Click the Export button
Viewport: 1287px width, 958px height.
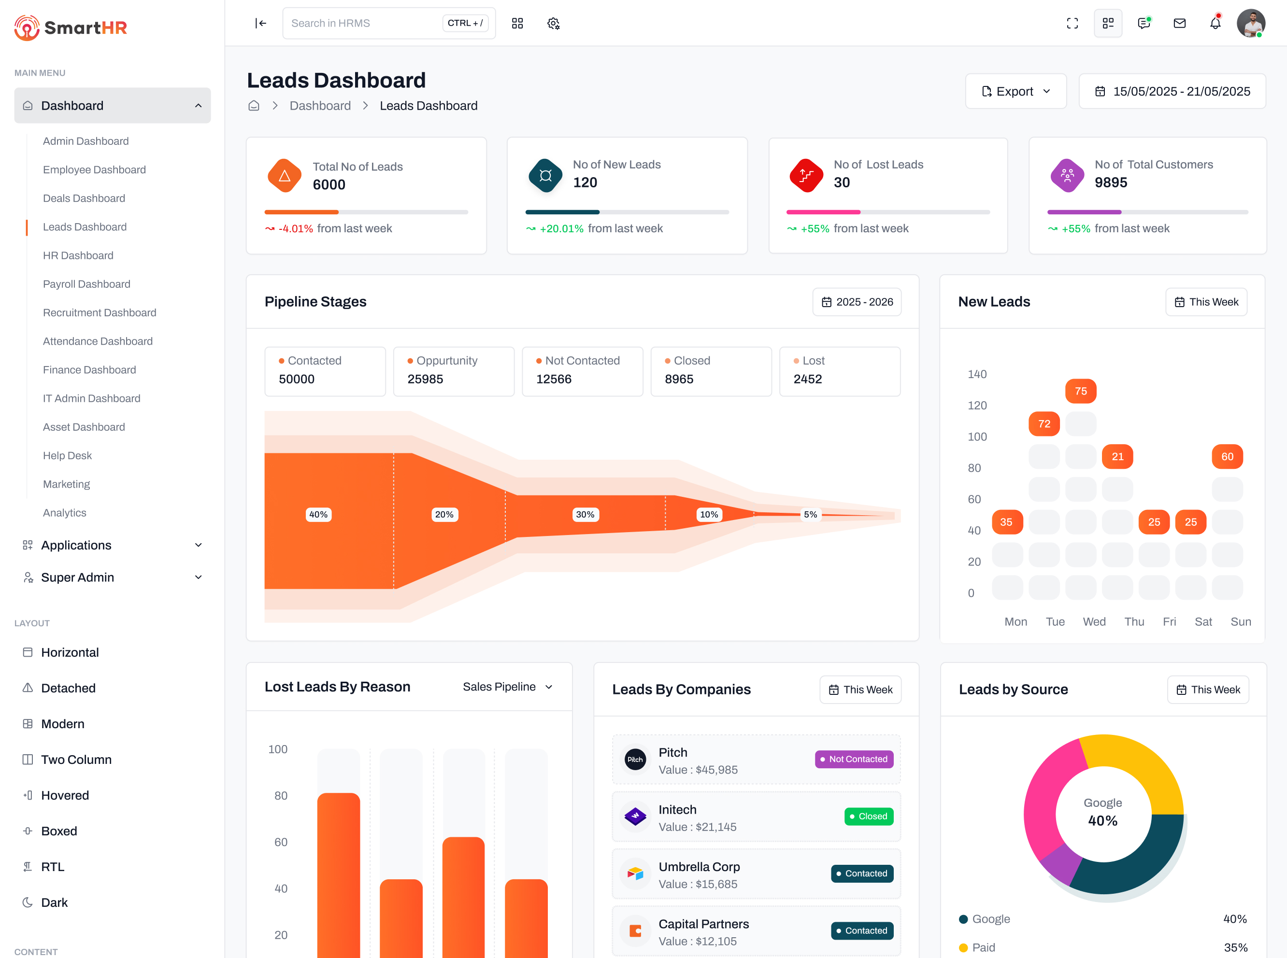point(1015,92)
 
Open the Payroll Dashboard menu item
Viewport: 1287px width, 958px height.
point(86,284)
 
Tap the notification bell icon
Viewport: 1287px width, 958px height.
point(1215,23)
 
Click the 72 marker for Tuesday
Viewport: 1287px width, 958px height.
point(1044,424)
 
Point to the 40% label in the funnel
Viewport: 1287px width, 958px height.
point(318,514)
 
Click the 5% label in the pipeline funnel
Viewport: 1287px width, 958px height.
point(810,514)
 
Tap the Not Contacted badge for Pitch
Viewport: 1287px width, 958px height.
point(854,759)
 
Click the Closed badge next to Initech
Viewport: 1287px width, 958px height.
point(868,817)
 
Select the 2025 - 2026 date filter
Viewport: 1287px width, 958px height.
point(857,302)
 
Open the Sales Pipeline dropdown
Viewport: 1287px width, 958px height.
point(507,687)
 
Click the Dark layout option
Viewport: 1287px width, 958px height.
point(54,902)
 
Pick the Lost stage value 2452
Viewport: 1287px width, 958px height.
point(808,379)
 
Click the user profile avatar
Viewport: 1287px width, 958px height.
point(1250,23)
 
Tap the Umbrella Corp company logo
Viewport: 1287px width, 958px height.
point(635,873)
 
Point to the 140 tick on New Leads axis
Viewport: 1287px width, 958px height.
point(977,375)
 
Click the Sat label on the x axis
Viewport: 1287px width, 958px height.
point(1203,621)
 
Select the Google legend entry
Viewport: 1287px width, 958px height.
point(990,919)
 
